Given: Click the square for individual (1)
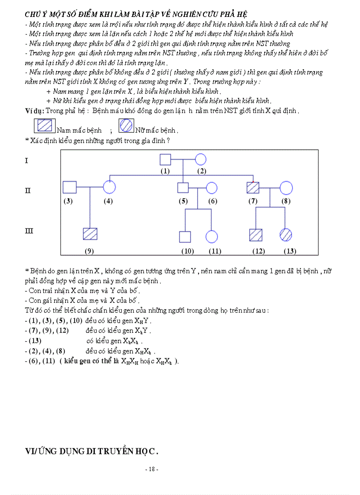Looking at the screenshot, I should tap(165, 160).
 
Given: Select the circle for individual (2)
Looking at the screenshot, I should tap(201, 160).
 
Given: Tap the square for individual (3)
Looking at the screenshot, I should tap(70, 187).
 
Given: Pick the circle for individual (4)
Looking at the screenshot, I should tap(109, 187).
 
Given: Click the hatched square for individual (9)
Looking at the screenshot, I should tap(90, 234).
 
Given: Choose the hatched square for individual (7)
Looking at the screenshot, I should tap(253, 188).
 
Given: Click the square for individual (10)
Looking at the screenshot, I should tap(185, 237).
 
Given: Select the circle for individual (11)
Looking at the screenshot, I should tap(212, 236).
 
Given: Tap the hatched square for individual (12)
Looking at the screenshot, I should tap(256, 235).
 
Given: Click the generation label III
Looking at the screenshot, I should tap(29, 231).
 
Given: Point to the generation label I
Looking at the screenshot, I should tap(26, 160).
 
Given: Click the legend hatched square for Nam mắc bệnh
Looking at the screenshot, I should tap(45, 126).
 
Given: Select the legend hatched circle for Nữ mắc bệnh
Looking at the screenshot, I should tap(126, 126).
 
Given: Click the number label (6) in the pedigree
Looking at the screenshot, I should tap(213, 201).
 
